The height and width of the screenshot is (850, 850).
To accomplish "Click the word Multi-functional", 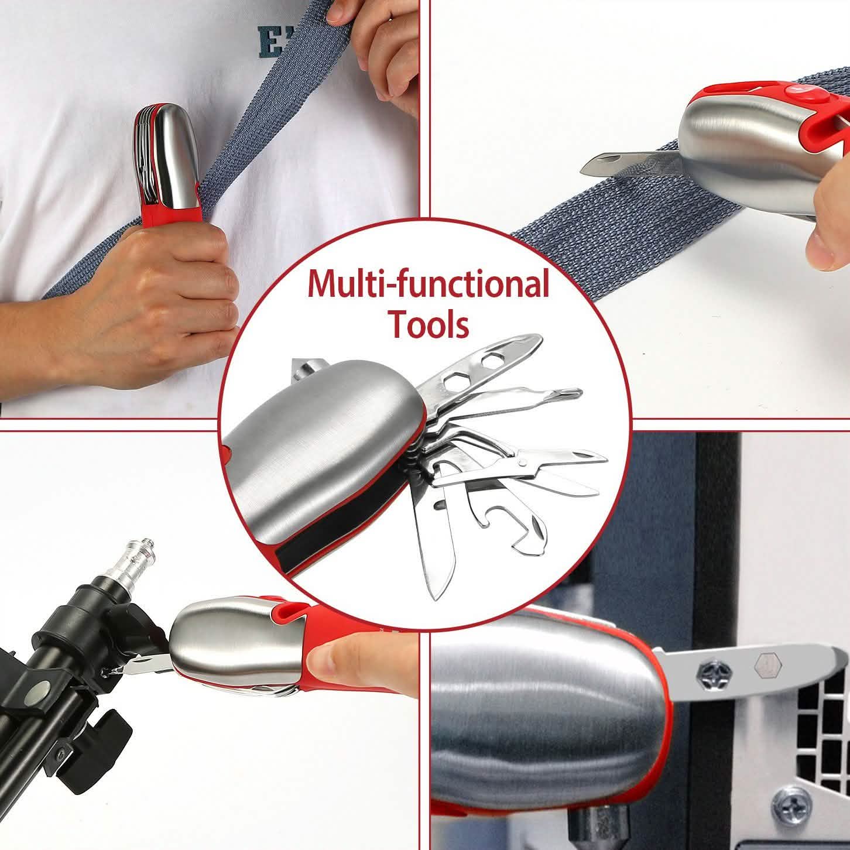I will tap(428, 283).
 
